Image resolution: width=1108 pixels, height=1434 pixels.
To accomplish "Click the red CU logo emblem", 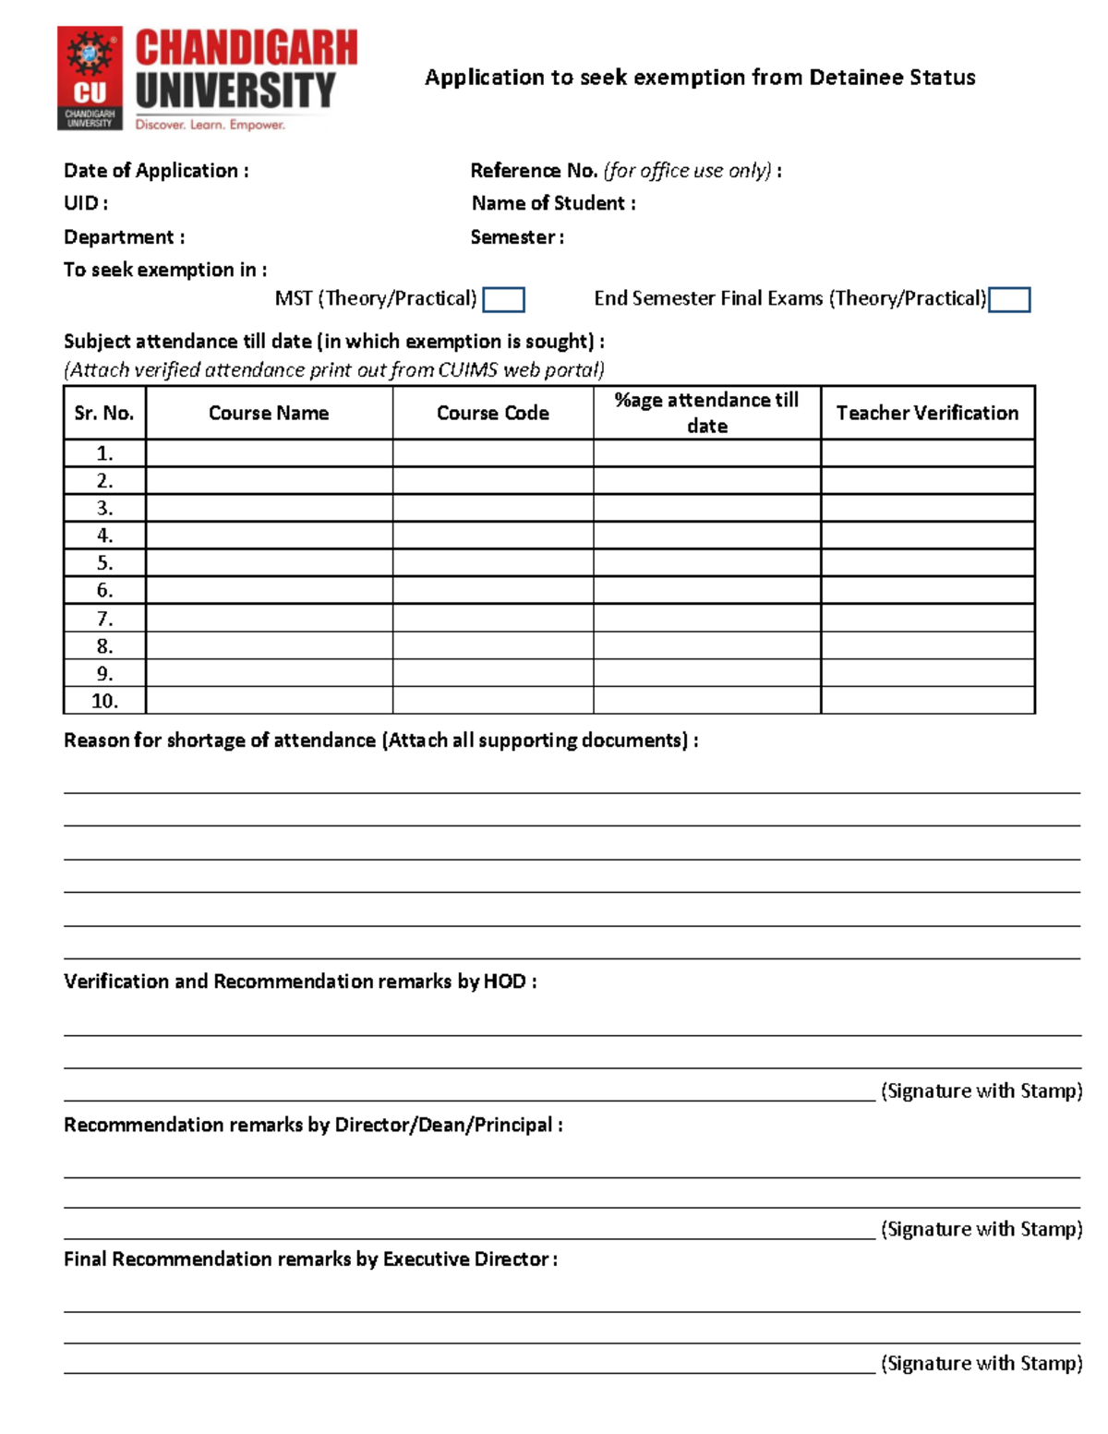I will pos(90,78).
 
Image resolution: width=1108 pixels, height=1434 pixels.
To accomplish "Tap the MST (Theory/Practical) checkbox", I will pos(504,300).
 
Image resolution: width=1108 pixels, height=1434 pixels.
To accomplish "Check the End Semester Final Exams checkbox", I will pos(1009,300).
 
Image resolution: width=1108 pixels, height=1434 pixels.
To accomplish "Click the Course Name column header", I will pos(269,414).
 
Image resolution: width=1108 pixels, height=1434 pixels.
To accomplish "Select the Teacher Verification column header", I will pos(927,414).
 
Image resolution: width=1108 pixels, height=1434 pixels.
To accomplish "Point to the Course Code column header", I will pos(492,414).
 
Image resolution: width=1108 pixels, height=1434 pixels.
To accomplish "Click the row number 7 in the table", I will pos(104,619).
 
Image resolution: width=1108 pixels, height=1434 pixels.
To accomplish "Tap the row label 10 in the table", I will pos(104,701).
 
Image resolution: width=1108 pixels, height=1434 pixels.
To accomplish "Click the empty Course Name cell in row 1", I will pos(269,453).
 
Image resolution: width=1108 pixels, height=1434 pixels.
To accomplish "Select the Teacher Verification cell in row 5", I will pos(927,563).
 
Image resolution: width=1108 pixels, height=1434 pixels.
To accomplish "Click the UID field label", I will pos(86,204).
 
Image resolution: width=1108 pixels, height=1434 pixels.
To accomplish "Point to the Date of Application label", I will pos(155,171).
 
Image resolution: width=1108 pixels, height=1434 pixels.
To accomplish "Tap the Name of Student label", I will pos(553,204).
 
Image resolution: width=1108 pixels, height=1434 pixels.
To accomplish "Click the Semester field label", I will pos(516,237).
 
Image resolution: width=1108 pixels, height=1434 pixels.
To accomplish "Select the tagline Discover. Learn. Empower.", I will pos(210,125).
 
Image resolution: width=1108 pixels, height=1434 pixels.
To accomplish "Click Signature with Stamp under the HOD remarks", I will pos(981,1091).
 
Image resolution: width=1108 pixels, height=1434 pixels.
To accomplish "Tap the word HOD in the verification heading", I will pos(504,982).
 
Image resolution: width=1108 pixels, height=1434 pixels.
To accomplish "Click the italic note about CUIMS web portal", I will pos(333,370).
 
